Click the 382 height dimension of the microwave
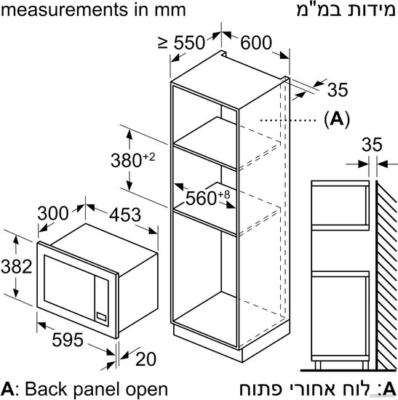pos(16,267)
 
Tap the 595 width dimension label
pos(68,340)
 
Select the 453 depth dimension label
pos(125,215)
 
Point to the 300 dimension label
pos(53,213)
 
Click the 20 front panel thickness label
pos(146,359)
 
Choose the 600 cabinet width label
pos(256,43)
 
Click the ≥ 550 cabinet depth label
pos(181,42)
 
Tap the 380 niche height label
pos(132,160)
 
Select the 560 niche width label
pos(207,198)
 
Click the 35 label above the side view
pos(372,145)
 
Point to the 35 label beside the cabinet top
pos(338,89)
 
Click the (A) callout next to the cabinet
pos(337,119)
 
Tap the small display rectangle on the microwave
pos(101,316)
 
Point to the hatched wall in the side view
pos(386,275)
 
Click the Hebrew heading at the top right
pos(346,9)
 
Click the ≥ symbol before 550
pos(163,42)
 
